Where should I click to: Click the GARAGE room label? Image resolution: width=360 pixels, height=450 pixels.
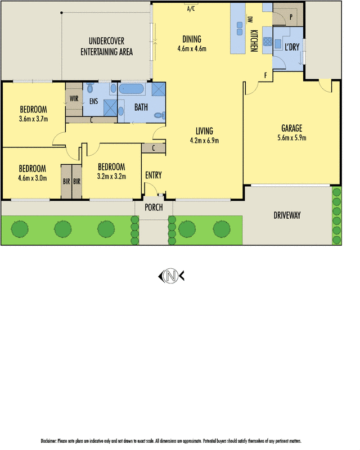292,127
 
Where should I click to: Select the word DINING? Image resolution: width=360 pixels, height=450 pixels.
192,39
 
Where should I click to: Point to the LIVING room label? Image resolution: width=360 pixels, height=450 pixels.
204,131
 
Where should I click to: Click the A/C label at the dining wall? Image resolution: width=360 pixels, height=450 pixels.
191,8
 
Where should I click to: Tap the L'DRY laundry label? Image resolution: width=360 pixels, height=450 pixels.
292,47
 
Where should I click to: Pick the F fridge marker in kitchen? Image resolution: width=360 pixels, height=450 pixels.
265,75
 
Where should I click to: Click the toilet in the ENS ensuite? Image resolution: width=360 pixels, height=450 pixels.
91,89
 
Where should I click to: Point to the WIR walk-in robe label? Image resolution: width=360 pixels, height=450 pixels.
74,98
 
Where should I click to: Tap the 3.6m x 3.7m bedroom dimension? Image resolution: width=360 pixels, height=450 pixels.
33,119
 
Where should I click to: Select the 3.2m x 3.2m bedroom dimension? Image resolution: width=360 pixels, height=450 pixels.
111,176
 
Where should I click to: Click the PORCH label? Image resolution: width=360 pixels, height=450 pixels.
154,208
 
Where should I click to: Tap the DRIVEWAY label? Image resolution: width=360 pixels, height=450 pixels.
287,215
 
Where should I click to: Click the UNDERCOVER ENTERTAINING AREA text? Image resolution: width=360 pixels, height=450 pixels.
106,47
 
